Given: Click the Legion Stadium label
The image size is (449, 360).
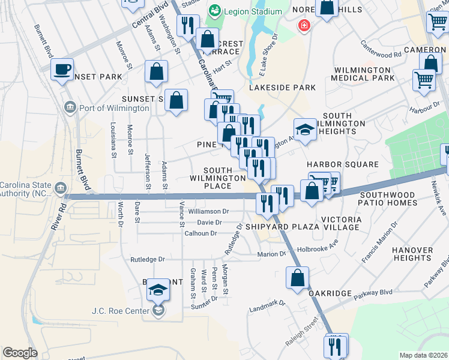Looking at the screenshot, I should coord(252,11).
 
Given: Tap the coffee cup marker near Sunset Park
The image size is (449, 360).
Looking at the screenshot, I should coord(62,69).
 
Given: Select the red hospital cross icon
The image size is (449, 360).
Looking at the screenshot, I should coord(305,26).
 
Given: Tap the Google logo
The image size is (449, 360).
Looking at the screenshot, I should coord(19,353).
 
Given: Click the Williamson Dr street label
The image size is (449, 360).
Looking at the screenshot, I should coord(208,211).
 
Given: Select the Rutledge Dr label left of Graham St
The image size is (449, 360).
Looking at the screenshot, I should coord(148,259).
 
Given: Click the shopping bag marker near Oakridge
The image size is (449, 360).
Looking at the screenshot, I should coord(297,278).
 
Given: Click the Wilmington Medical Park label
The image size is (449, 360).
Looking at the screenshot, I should coord(364,74).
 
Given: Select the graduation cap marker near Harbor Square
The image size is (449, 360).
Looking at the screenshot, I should coord(305,130).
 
